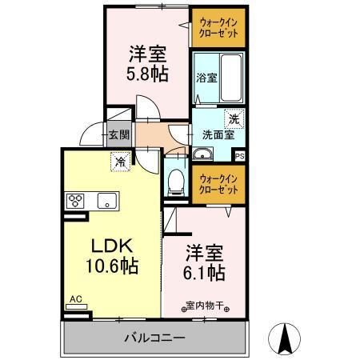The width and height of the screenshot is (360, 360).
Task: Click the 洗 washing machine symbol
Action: (234, 118)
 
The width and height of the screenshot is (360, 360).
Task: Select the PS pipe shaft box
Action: (239, 156)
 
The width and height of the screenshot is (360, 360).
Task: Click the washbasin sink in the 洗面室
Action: (203, 154)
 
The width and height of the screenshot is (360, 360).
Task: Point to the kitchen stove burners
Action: (77, 201)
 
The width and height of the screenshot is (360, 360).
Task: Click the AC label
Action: (76, 299)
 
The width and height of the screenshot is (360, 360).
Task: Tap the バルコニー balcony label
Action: (154, 338)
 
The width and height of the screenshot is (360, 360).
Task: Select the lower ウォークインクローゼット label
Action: (218, 184)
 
